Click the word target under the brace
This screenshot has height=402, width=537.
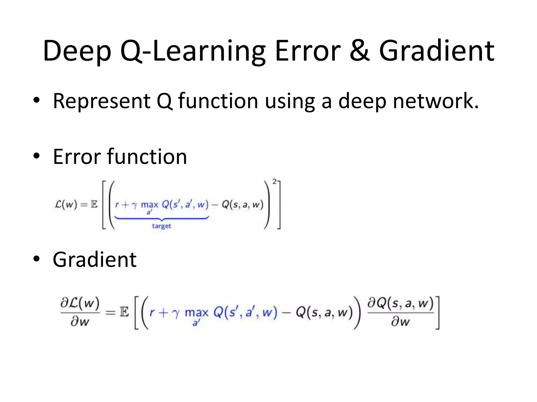coord(162,226)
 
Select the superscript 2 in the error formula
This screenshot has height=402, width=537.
coord(274,181)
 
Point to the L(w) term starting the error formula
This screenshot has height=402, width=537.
coord(66,204)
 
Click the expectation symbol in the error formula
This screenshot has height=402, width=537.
coord(94,204)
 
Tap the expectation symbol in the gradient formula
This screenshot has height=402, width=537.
coord(124,312)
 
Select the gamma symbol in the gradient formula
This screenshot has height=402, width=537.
coord(176,314)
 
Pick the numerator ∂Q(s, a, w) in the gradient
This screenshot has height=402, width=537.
coord(400,304)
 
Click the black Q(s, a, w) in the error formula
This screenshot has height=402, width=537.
coord(242,204)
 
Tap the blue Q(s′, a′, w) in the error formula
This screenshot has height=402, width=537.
coord(185,204)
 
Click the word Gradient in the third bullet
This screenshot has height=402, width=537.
coord(94,260)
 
